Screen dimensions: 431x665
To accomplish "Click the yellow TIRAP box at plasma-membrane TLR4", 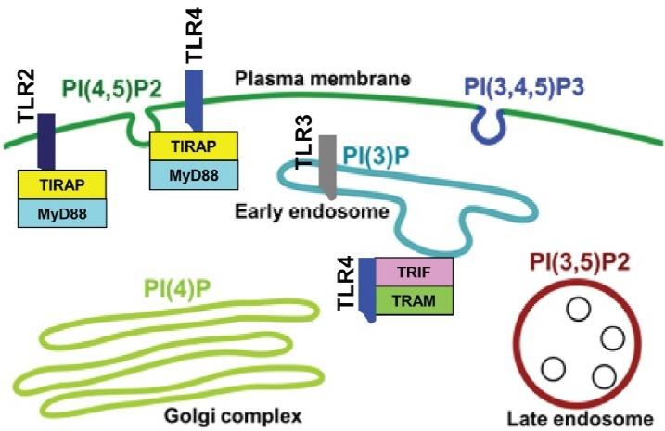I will (x=196, y=146).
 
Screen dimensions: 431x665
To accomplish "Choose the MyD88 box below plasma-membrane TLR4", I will (x=196, y=174).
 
